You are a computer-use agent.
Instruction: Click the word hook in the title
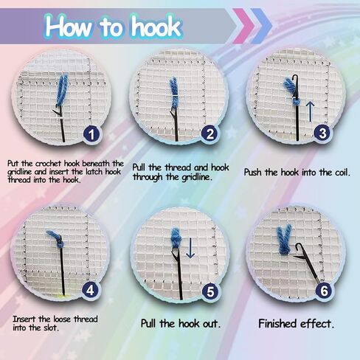pos(156,27)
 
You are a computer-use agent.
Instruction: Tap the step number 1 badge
pos(91,134)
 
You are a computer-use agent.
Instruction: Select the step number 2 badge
pos(210,134)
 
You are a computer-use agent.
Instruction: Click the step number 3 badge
pos(322,133)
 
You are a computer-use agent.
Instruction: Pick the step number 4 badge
pos(90,291)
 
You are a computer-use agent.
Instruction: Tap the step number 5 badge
pos(210,291)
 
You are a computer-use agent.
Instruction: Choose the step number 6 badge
pos(324,291)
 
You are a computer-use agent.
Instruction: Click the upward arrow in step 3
pos(311,112)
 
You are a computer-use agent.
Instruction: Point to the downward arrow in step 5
pos(190,248)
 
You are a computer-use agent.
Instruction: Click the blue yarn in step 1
pos(62,90)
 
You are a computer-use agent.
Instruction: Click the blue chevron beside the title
pos(262,26)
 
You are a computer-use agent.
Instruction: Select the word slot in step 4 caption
pos(51,328)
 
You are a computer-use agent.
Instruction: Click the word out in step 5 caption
pos(210,324)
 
